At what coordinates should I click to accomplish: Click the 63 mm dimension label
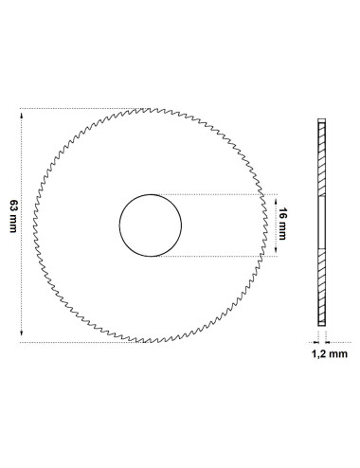[x=12, y=225]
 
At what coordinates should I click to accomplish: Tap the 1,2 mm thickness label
[x=329, y=354]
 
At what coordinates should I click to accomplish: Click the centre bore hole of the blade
[x=150, y=225]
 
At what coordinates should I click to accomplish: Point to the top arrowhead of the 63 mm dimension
[x=21, y=113]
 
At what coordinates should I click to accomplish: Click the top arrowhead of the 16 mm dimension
[x=274, y=199]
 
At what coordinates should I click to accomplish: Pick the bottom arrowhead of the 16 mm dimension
[x=274, y=251]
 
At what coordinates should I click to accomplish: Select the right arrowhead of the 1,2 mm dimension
[x=327, y=340]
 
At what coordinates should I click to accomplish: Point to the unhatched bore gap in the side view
[x=320, y=225]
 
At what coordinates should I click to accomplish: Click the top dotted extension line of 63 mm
[x=76, y=108]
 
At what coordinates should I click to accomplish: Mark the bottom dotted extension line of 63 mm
[x=76, y=341]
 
